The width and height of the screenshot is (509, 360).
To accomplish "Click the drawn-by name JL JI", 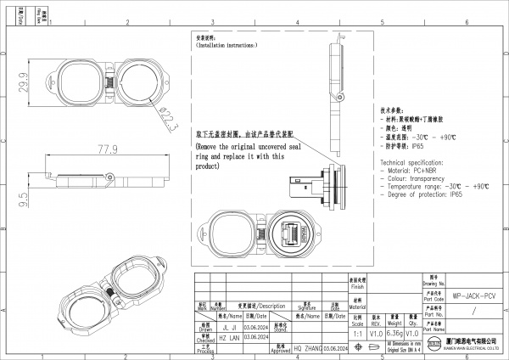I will point(227,325).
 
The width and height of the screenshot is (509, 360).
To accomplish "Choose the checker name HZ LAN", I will point(227,336).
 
